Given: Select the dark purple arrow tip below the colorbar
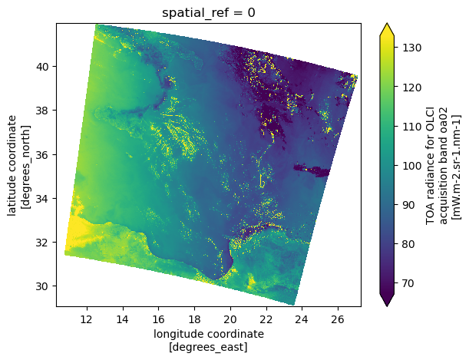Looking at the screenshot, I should tap(388, 301).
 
